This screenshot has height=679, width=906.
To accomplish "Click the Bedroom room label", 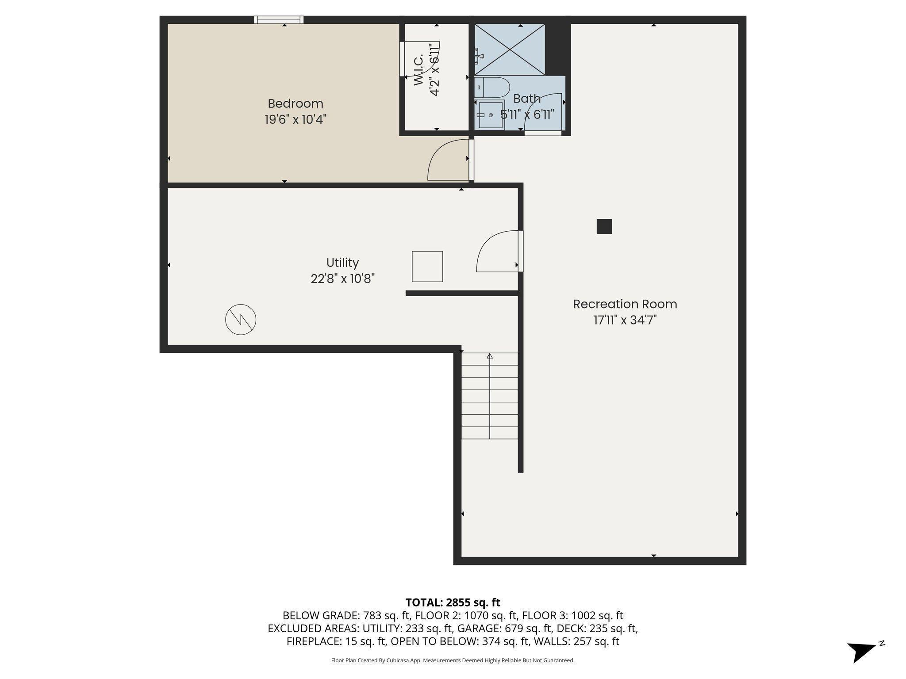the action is (296, 104).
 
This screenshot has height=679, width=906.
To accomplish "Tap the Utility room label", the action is (342, 263).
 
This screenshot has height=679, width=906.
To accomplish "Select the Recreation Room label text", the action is (625, 304).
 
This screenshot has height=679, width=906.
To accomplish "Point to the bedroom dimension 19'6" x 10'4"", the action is (296, 119).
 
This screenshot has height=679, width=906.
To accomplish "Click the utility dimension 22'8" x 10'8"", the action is (342, 279).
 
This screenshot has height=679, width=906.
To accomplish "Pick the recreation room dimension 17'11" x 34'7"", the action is (625, 320).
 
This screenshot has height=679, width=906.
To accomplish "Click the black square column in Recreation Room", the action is (604, 226).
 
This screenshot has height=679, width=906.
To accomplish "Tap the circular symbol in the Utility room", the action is (241, 319).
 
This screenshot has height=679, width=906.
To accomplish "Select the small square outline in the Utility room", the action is (427, 267).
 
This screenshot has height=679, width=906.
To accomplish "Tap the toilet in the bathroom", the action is (492, 88).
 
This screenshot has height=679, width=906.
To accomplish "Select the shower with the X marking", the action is (510, 50).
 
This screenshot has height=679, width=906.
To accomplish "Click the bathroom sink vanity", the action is (490, 115).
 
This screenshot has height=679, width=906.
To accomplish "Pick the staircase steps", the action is (490, 396).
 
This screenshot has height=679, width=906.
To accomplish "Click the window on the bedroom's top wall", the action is (279, 19).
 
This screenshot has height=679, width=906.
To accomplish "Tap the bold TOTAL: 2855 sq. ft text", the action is (453, 603).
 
